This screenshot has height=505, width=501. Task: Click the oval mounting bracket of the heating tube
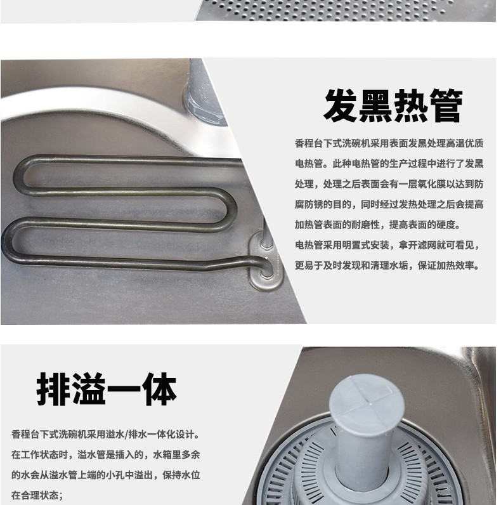tap(265, 259)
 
